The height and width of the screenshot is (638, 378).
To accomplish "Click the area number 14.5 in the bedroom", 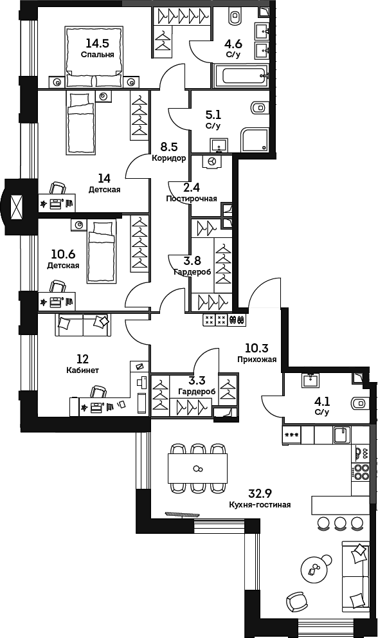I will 98,43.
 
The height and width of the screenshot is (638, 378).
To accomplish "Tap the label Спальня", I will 98,55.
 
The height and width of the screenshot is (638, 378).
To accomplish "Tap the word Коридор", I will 169,158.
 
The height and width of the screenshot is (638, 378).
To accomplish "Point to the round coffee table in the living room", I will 315,568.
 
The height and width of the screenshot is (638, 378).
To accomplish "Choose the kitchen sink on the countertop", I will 342,435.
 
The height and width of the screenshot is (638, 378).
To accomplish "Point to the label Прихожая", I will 256,360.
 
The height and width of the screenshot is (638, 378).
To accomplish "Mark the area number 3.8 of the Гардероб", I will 192,260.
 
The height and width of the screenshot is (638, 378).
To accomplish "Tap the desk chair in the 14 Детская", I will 57,188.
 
